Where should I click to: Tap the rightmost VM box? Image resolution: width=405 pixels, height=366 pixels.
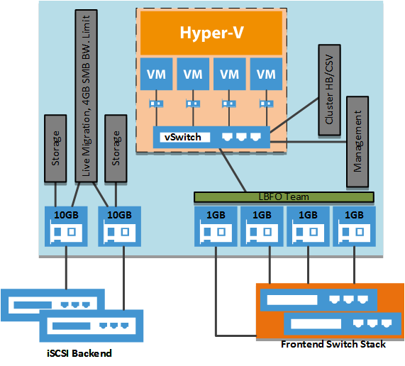pos(265,74)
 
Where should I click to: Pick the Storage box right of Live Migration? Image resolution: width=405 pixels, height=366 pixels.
pos(115,146)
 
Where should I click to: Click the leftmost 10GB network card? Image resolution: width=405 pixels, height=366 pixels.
pos(65,226)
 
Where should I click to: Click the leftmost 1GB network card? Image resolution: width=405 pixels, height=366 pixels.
pos(214,226)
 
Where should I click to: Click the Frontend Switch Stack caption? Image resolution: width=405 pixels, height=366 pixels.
pos(333,344)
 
